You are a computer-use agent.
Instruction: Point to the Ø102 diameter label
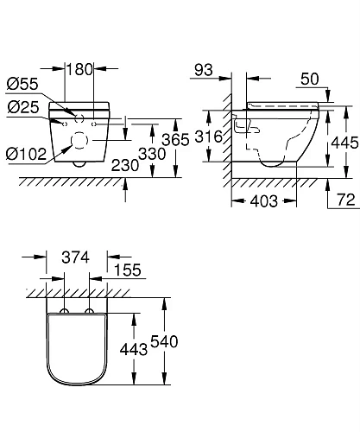tap(26, 153)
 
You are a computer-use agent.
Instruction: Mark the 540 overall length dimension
tap(161, 341)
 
